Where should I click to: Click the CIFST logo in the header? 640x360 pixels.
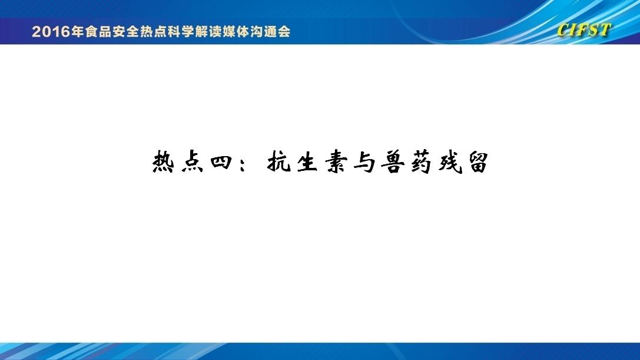coord(583,30)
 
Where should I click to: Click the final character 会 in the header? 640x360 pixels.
coord(284,31)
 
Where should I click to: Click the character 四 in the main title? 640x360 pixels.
coord(221,162)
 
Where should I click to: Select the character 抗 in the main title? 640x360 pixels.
coord(278,162)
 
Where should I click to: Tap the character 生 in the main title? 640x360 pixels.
coord(307,162)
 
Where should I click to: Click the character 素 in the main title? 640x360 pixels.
coord(336,162)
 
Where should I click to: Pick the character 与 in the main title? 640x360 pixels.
coord(364,162)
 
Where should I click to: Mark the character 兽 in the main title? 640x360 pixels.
coord(393,162)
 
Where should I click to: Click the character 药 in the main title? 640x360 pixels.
coord(421,162)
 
